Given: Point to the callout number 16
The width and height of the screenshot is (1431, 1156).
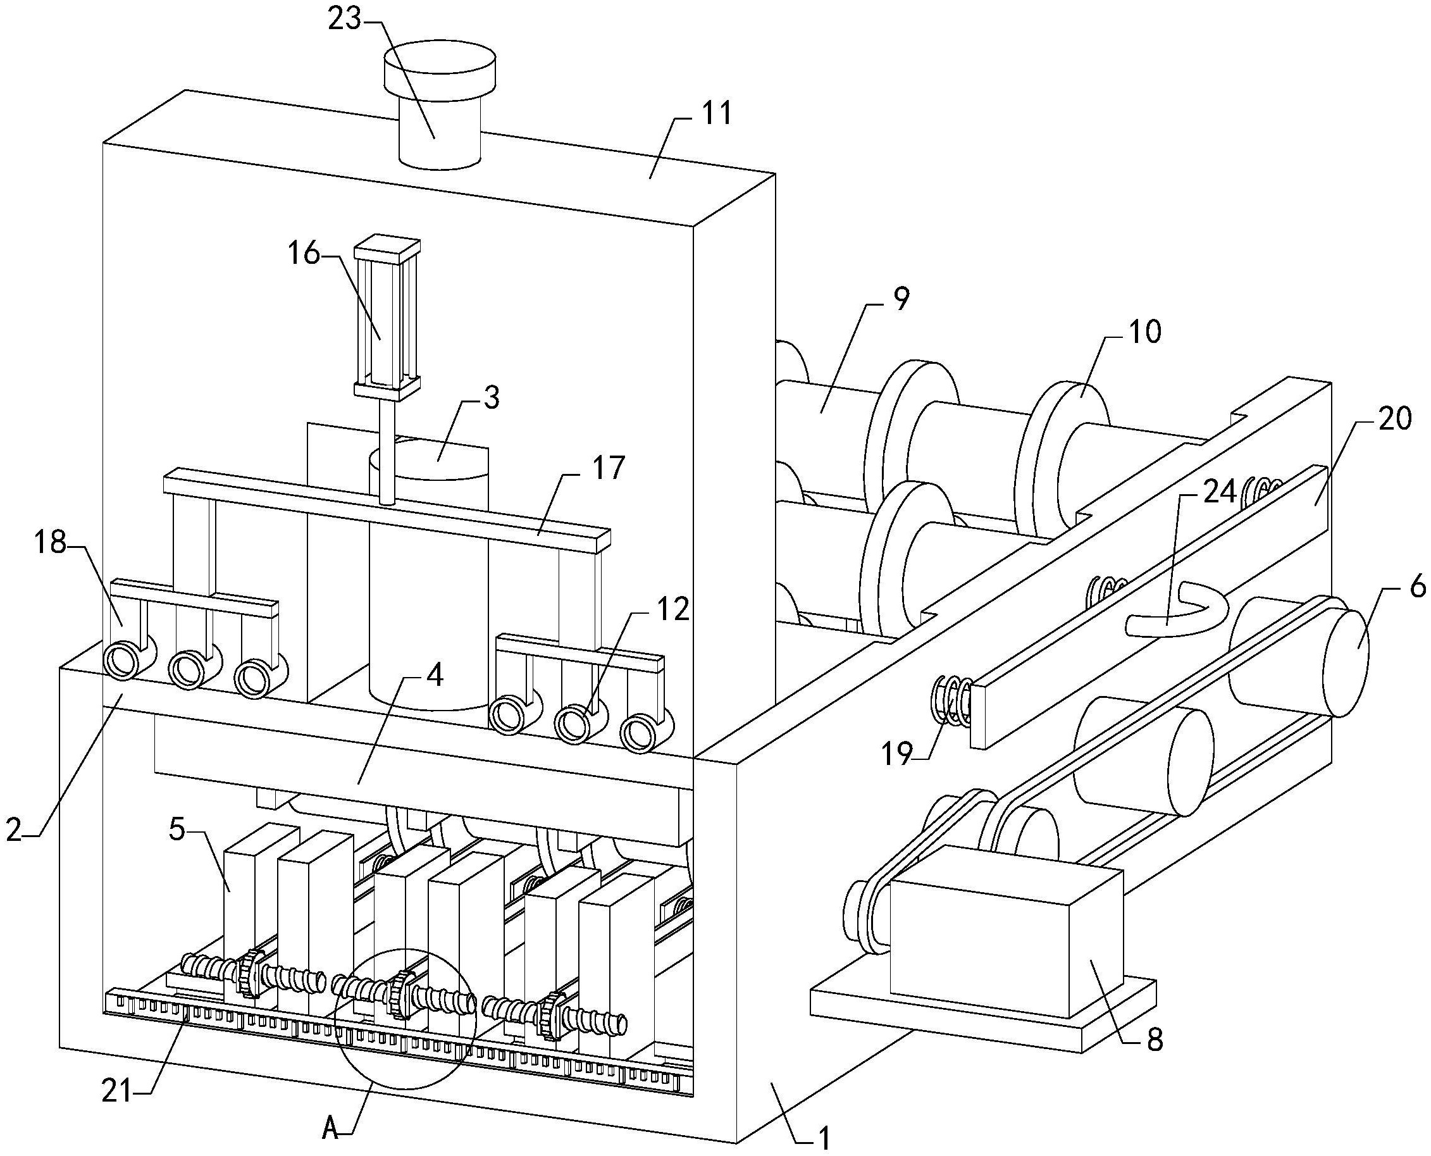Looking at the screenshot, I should [x=304, y=254].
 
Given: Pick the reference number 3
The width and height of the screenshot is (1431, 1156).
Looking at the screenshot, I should [x=492, y=397].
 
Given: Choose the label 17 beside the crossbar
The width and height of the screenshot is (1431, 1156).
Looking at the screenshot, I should [x=607, y=468].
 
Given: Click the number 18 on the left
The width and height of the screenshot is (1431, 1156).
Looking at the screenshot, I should [x=49, y=543].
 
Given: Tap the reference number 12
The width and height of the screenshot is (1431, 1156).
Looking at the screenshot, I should [x=672, y=609].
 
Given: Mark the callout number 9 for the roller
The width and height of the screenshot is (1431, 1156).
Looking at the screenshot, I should [x=900, y=300].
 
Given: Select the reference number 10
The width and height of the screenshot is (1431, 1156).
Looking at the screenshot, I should [x=1144, y=331].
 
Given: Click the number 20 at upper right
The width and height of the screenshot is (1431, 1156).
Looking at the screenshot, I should [x=1394, y=419].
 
